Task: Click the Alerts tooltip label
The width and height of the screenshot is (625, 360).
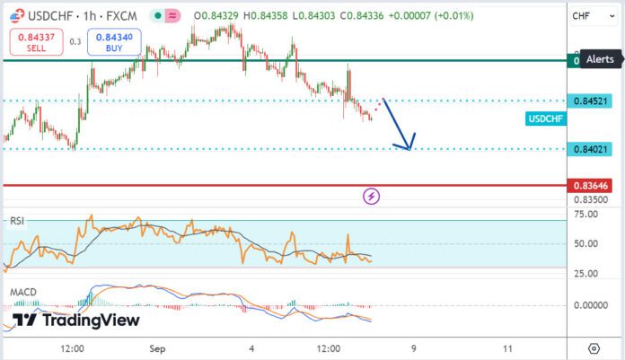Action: pyautogui.click(x=600, y=59)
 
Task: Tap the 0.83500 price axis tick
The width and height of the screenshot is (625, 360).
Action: pyautogui.click(x=589, y=199)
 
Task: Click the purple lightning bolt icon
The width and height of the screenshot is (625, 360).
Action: pyautogui.click(x=371, y=195)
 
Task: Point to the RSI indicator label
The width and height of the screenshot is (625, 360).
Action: pyautogui.click(x=18, y=221)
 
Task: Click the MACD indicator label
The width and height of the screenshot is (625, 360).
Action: pyautogui.click(x=23, y=293)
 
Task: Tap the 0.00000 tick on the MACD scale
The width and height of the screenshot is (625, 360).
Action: pyautogui.click(x=589, y=305)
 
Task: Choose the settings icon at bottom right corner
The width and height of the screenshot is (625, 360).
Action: pyautogui.click(x=594, y=347)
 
